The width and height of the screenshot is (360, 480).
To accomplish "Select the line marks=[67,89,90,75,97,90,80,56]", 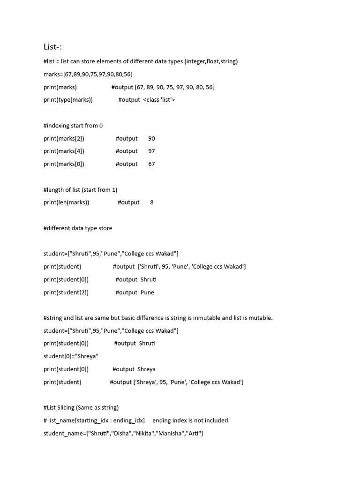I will click(x=88, y=74).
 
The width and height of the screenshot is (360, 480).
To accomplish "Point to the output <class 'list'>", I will click(x=159, y=100).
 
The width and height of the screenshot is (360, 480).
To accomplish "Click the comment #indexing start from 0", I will click(x=73, y=126).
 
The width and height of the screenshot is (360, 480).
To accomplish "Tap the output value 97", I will click(x=151, y=151).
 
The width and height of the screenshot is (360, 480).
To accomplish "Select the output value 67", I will click(x=151, y=164).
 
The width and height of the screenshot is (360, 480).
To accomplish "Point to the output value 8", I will click(x=152, y=202).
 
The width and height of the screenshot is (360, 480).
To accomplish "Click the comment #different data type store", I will click(x=78, y=228).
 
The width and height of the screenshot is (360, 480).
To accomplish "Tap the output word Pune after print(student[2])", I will click(x=147, y=292).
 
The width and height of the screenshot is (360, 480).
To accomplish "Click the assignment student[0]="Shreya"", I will click(x=71, y=356).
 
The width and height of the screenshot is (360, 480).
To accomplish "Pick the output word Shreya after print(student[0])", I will click(x=146, y=369).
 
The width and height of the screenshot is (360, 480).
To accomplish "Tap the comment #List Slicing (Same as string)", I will click(x=81, y=407).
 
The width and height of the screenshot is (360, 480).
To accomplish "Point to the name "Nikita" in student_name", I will click(x=145, y=433).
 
